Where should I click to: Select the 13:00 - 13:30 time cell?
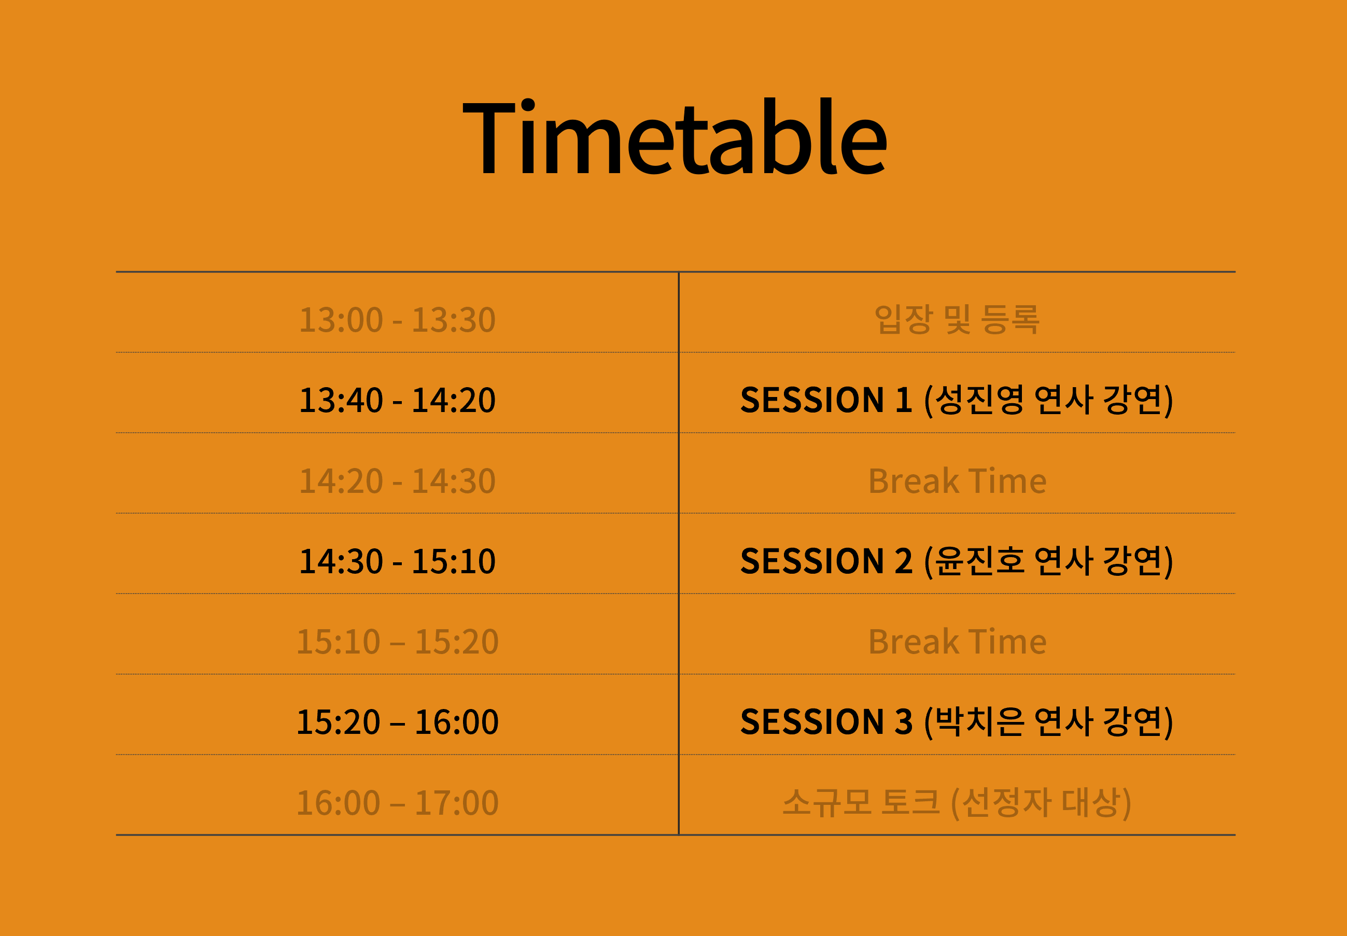point(397,320)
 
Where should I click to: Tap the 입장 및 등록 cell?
point(957,319)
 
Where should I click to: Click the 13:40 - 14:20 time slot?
point(397,400)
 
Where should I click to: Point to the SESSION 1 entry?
point(957,400)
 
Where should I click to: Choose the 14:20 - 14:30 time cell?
point(397,481)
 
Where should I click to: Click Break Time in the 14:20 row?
point(958,481)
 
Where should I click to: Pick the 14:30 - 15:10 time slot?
point(397,561)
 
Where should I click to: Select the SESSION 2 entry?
point(957,561)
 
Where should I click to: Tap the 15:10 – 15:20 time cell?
point(397,642)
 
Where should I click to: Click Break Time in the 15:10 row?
point(958,642)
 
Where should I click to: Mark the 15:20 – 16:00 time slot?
point(397,722)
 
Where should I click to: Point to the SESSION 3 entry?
point(957,722)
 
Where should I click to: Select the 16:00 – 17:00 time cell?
point(397,803)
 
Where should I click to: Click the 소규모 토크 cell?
point(957,802)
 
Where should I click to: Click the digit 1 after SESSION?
point(904,400)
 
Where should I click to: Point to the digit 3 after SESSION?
point(904,722)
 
